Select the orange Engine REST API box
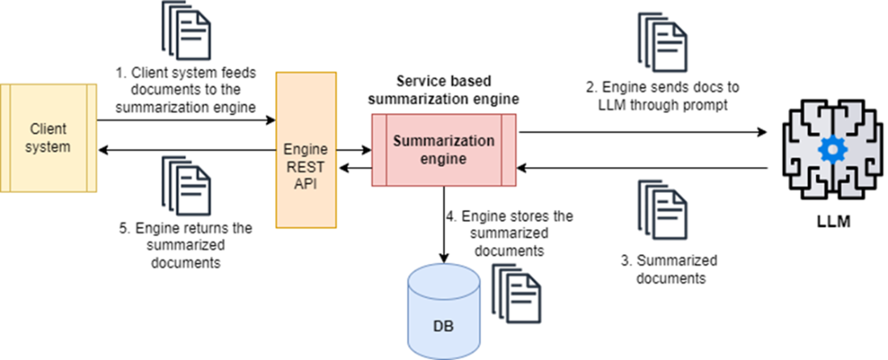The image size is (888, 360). click(307, 149)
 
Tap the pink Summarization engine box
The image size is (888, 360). click(443, 150)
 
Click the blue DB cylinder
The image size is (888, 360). click(443, 312)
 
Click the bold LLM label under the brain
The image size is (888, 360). click(828, 220)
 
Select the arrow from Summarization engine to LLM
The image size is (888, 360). click(642, 130)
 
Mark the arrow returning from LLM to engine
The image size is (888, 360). click(642, 168)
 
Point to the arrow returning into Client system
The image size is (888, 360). click(186, 150)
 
